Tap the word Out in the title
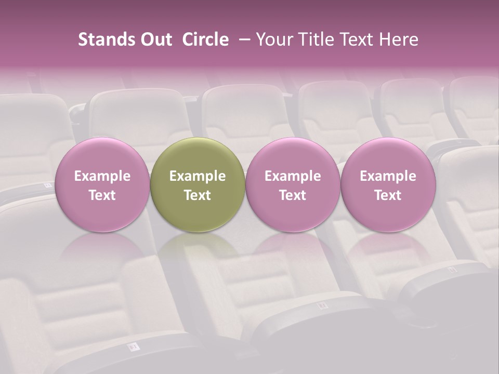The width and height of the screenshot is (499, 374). pyautogui.click(x=155, y=40)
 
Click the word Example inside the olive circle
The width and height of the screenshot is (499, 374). pyautogui.click(x=198, y=176)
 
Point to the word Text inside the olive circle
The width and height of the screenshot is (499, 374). pyautogui.click(x=198, y=195)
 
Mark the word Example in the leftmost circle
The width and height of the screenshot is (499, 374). pyautogui.click(x=102, y=176)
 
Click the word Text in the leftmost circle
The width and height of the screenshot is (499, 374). pyautogui.click(x=102, y=195)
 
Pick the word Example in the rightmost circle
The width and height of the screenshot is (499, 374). pyautogui.click(x=388, y=176)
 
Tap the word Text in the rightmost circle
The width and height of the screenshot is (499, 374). pyautogui.click(x=388, y=195)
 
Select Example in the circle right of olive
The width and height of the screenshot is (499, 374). pyautogui.click(x=293, y=176)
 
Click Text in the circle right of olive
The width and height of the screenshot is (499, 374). pyautogui.click(x=293, y=195)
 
